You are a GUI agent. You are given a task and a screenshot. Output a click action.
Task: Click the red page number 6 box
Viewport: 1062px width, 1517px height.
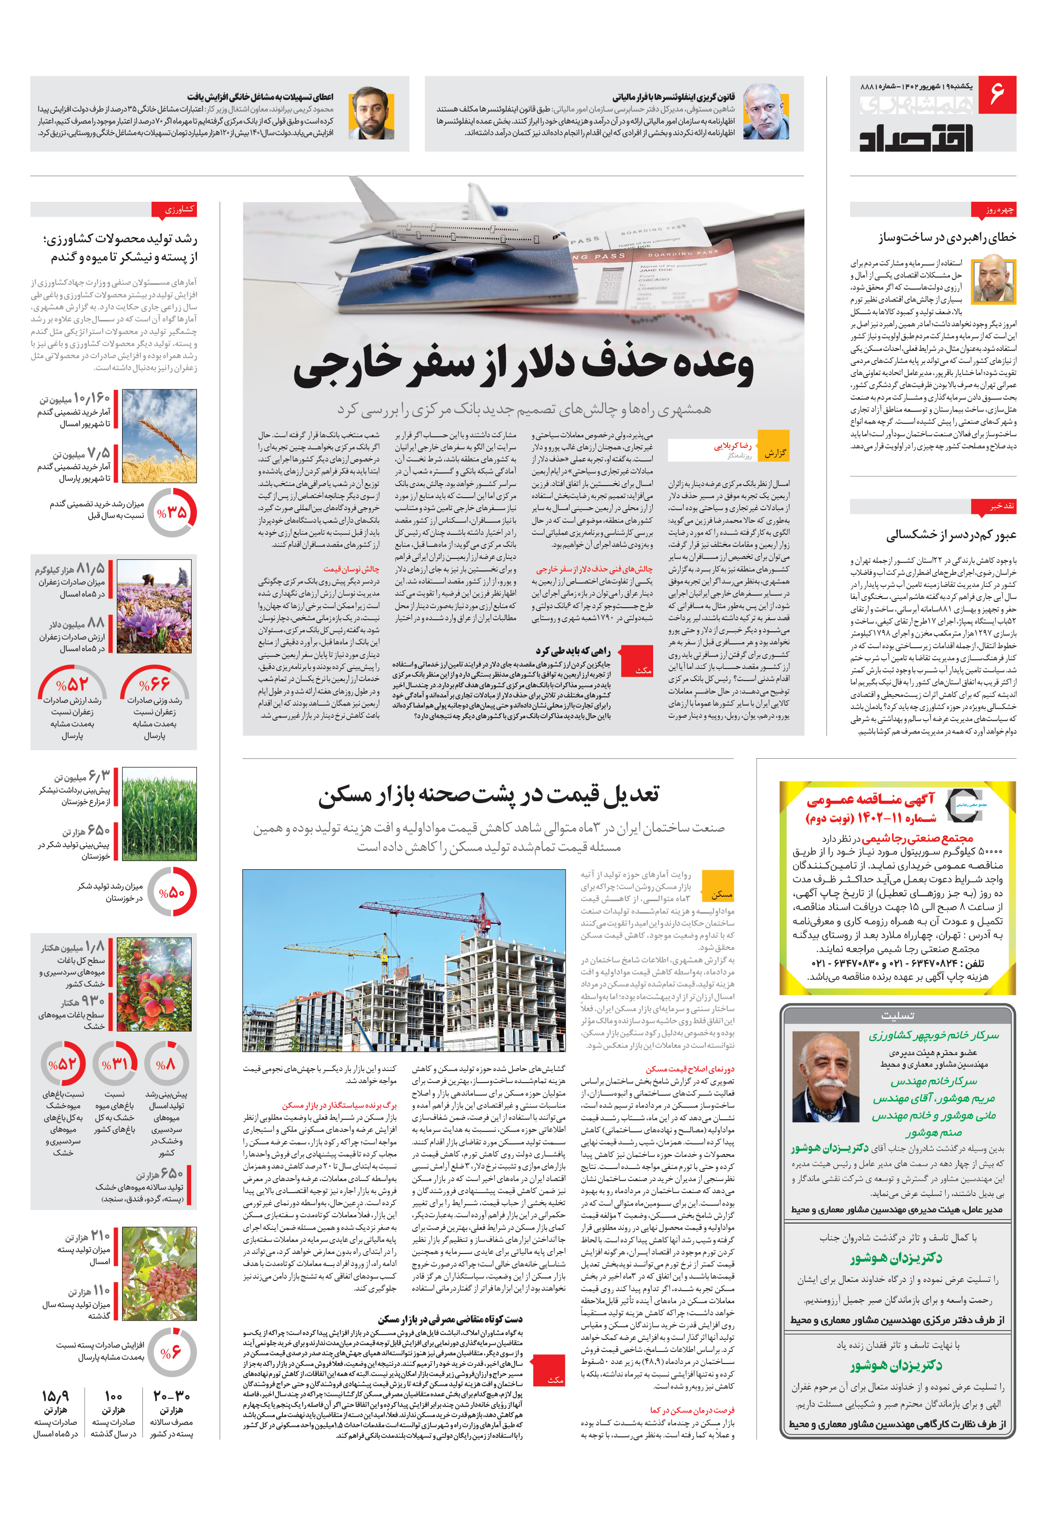point(996,95)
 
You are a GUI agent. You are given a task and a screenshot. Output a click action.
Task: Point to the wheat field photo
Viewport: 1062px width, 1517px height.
point(159,435)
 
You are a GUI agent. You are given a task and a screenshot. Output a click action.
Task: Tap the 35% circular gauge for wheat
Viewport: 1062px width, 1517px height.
point(172,512)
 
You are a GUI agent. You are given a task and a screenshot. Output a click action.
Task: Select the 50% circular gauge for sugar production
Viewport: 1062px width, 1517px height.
point(172,892)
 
